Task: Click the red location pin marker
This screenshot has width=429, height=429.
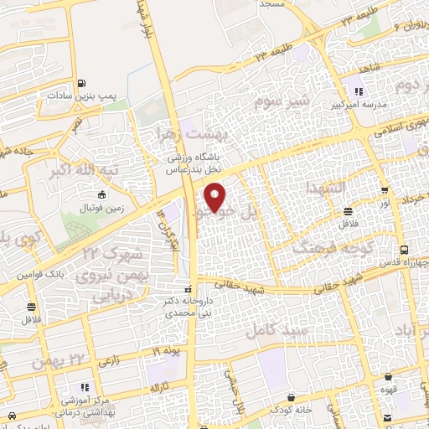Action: pyautogui.click(x=216, y=196)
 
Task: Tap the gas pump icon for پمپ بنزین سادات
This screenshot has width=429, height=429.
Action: pyautogui.click(x=81, y=83)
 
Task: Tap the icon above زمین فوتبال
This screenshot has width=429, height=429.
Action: pyautogui.click(x=102, y=194)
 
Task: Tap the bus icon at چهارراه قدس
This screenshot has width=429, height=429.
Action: pyautogui.click(x=406, y=250)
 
